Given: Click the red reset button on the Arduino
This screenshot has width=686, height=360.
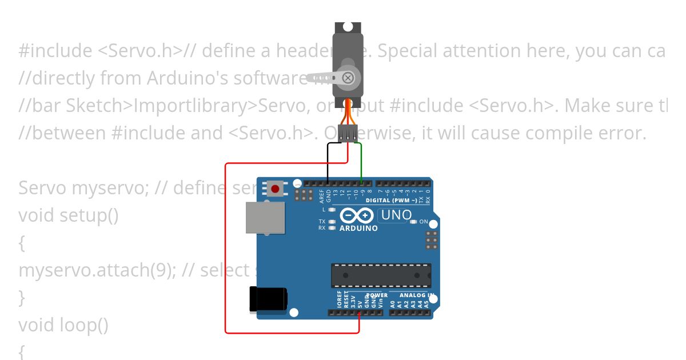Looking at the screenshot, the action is (276, 189).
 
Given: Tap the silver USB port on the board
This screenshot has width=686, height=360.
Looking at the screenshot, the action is (265, 218).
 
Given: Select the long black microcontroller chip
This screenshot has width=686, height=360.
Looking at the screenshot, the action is (381, 275).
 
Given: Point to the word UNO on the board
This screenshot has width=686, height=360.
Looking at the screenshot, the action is (396, 215).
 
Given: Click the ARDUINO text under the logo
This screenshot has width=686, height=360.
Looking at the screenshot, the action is (358, 229).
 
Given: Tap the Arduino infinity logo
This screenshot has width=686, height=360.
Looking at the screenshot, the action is (357, 215).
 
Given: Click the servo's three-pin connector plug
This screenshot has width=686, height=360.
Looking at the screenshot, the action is (348, 133).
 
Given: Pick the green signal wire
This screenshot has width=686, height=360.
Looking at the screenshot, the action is (361, 163).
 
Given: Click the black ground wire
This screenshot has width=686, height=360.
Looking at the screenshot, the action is (328, 163).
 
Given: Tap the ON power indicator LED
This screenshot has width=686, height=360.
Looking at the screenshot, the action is (413, 222).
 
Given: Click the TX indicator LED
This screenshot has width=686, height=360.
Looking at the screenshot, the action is (332, 221).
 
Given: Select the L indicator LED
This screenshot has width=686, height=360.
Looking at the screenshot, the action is (332, 210).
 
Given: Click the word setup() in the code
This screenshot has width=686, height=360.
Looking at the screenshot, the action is (89, 216).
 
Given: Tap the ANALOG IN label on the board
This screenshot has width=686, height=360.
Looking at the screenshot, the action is (416, 295).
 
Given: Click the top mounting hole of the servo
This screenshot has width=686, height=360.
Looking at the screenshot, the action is (348, 26).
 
